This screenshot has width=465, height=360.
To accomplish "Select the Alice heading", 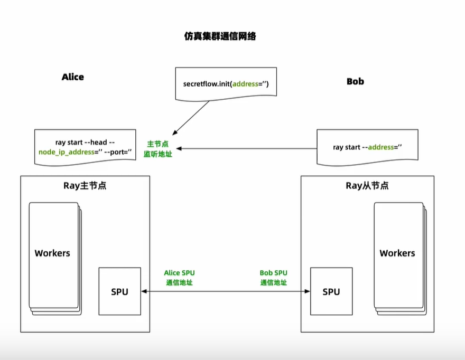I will click(72, 77).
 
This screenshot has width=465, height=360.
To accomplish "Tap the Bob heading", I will click(355, 81).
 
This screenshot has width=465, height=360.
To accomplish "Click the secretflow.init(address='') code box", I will click(226, 83).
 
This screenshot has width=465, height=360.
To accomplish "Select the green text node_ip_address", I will click(66, 152).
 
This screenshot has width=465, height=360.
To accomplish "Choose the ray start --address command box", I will click(367, 147).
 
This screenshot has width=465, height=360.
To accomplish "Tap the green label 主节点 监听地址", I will click(158, 148).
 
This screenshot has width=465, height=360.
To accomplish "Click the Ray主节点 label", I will click(85, 186).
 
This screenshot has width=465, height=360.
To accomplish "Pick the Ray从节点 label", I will click(367, 186).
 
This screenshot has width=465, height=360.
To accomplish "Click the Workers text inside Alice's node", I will click(52, 253).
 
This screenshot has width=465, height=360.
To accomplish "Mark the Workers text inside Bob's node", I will click(397, 253).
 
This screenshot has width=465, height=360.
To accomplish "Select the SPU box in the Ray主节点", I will click(119, 292).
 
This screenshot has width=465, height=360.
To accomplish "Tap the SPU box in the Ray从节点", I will click(331, 292).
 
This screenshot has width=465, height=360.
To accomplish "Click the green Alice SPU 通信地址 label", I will click(180, 278).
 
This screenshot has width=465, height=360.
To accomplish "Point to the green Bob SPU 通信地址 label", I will click(274, 278).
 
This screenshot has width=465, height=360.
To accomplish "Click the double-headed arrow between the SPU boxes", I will click(226, 291).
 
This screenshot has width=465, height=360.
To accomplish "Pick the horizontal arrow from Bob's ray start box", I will click(248, 148).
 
